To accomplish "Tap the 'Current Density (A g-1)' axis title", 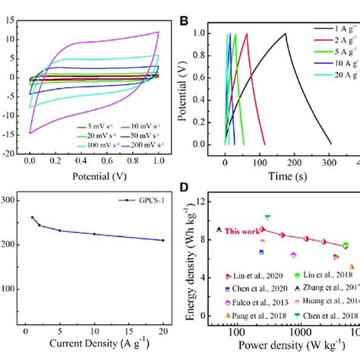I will click(93, 349).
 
